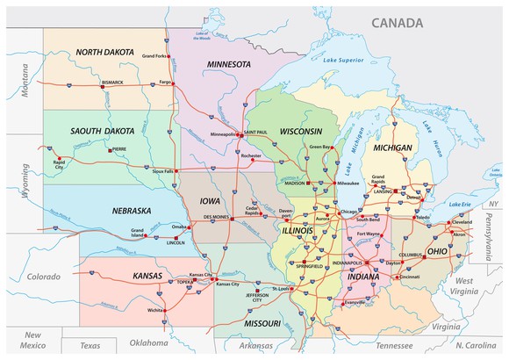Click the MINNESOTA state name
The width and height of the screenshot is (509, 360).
pos(230,65)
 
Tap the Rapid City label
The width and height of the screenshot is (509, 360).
pos(59,164)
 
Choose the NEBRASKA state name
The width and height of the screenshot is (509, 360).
pos(131,211)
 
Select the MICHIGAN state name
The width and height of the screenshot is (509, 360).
pos(391,148)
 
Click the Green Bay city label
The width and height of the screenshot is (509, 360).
pos(320,147)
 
